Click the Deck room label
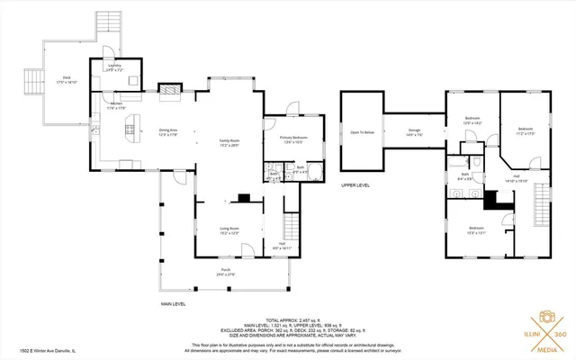[65, 79]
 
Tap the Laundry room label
[114, 67]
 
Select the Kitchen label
[117, 106]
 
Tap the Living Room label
[229, 230]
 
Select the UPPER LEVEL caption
[355, 184]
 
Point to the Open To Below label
[361, 133]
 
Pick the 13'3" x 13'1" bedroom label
[476, 229]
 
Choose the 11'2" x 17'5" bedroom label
[526, 132]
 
